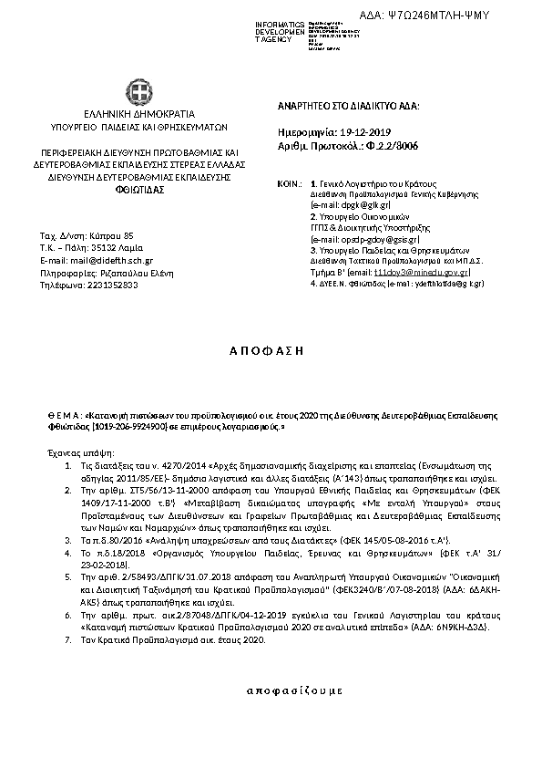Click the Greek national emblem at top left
[x=139, y=93]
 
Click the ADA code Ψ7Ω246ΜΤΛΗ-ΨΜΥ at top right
[x=465, y=16]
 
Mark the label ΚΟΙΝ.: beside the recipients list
[x=288, y=184]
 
